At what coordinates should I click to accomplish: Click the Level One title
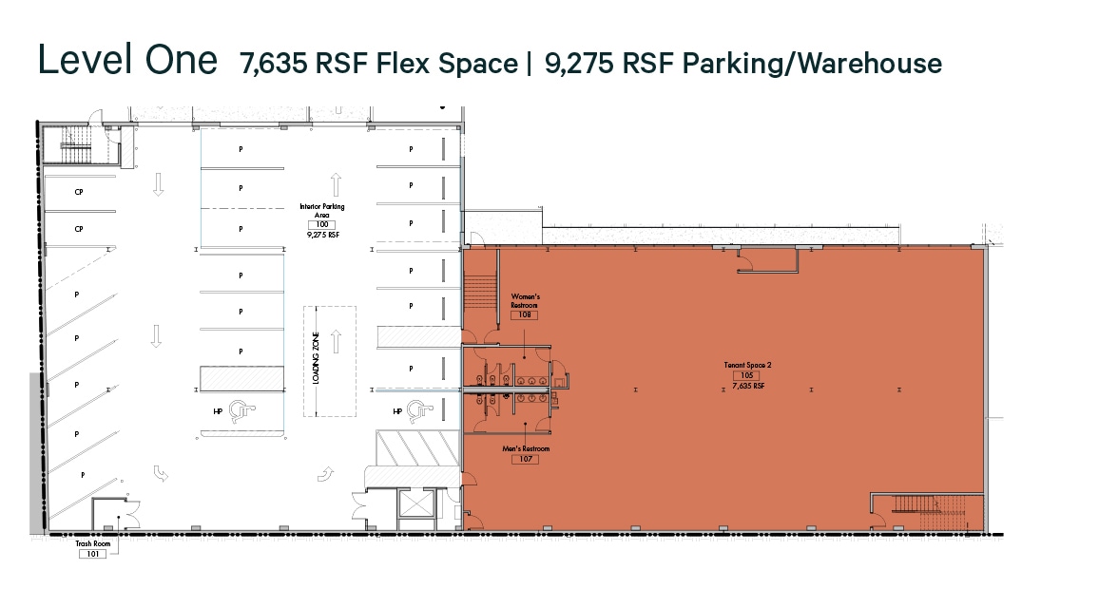pyautogui.click(x=126, y=60)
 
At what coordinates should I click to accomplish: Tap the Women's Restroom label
pyautogui.click(x=525, y=301)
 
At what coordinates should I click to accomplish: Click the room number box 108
pyautogui.click(x=525, y=315)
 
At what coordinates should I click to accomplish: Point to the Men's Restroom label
pyautogui.click(x=526, y=448)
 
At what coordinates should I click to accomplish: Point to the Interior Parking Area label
pyautogui.click(x=321, y=210)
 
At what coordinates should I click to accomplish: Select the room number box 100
pyautogui.click(x=322, y=224)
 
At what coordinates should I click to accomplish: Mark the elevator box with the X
pyautogui.click(x=415, y=506)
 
